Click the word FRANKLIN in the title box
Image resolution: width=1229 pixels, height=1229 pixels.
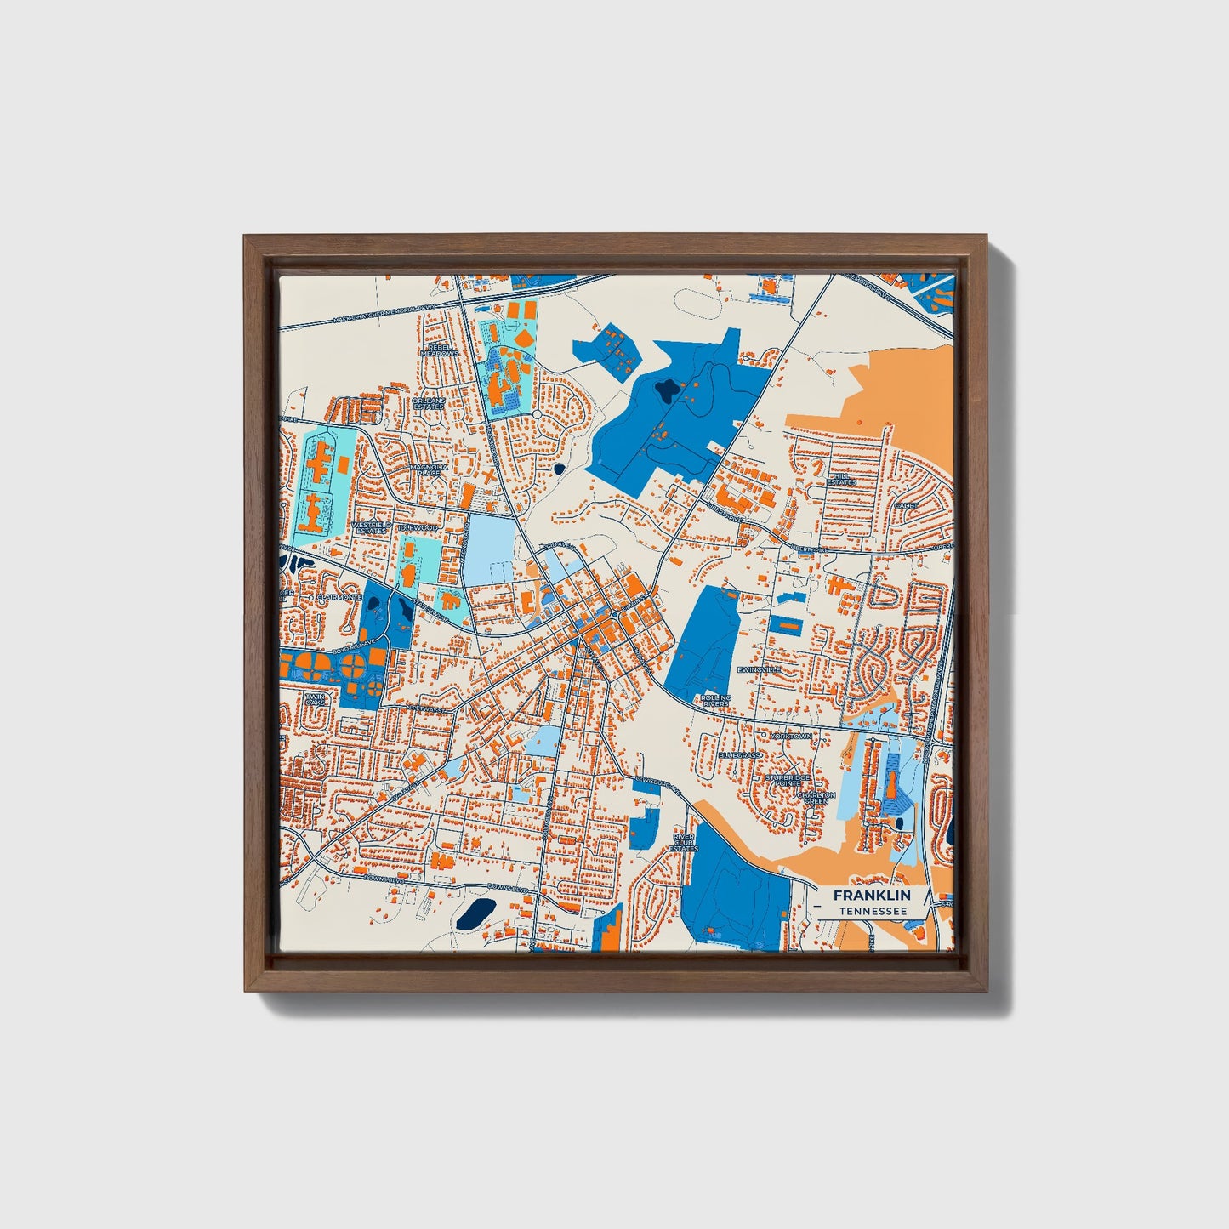pyautogui.click(x=871, y=896)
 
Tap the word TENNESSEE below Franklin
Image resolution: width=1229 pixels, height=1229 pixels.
pyautogui.click(x=871, y=912)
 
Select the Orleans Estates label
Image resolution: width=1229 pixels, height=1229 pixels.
pyautogui.click(x=428, y=404)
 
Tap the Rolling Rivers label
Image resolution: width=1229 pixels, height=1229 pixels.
pyautogui.click(x=716, y=701)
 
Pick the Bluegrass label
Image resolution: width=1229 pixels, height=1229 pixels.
pyautogui.click(x=740, y=754)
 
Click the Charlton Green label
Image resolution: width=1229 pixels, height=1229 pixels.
pyautogui.click(x=816, y=798)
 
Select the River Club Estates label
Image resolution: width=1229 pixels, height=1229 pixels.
pyautogui.click(x=683, y=842)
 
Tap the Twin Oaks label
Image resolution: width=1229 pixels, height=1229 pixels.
pyautogui.click(x=316, y=700)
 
